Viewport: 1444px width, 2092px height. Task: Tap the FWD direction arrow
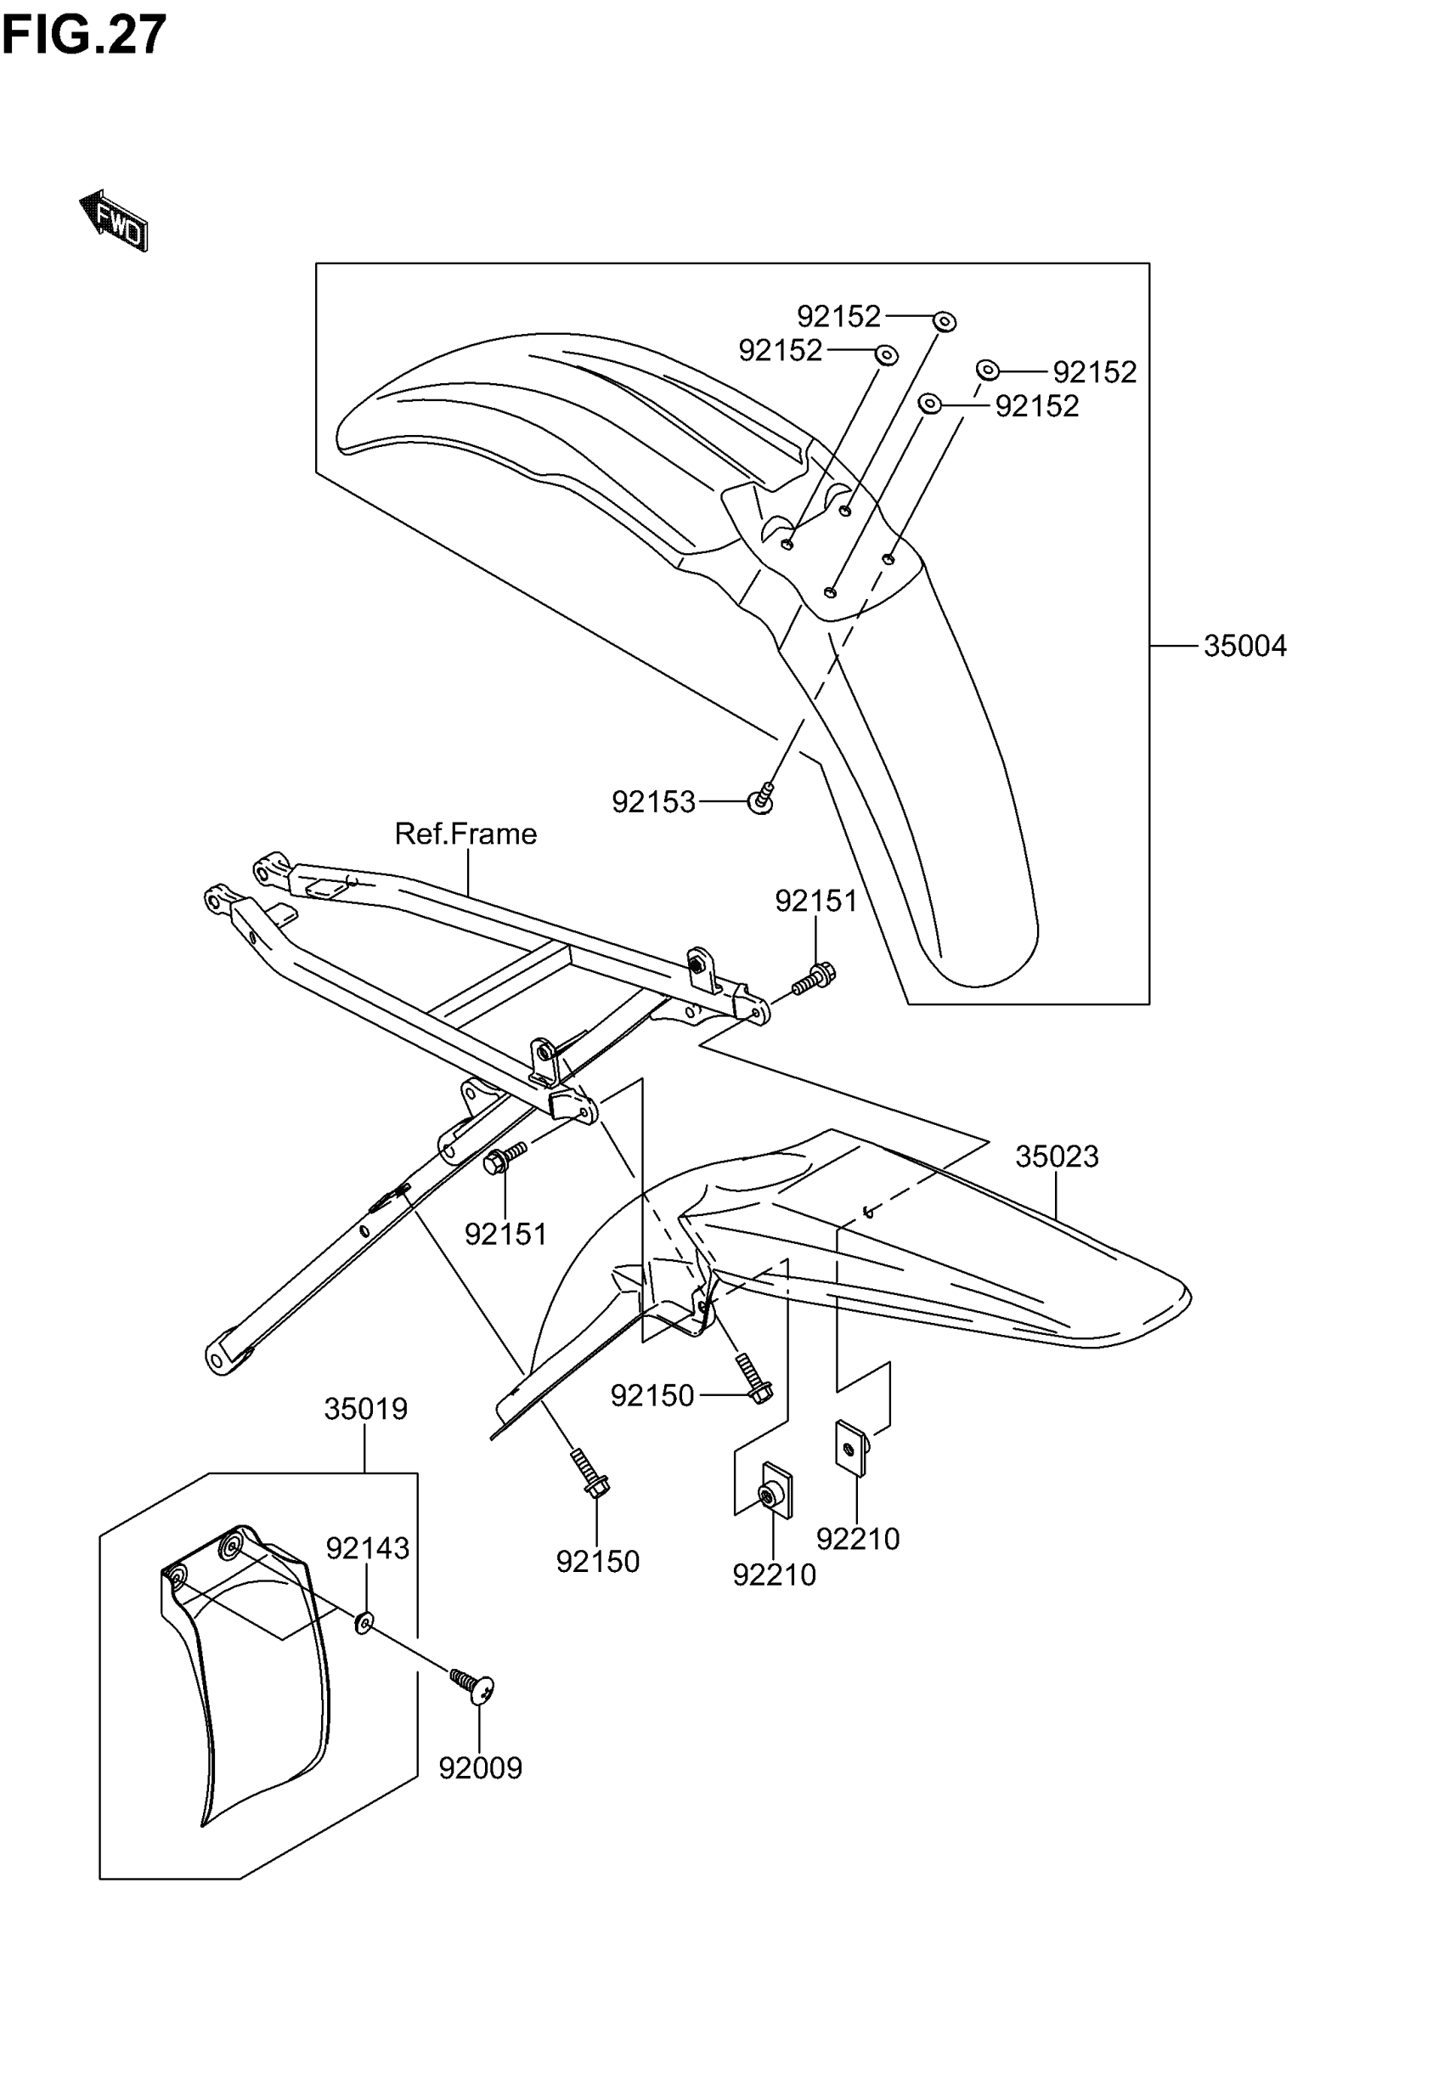point(114,220)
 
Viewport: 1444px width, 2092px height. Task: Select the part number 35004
point(1244,646)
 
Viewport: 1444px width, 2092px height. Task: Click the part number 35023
point(1056,1156)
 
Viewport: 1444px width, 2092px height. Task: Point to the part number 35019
point(365,1409)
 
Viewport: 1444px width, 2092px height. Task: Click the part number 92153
point(653,801)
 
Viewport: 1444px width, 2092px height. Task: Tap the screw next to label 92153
point(762,798)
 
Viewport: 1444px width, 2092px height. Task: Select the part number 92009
point(481,1767)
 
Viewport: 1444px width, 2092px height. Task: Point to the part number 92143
point(367,1548)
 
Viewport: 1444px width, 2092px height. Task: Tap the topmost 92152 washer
point(944,321)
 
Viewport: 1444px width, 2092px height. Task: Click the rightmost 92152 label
point(1094,372)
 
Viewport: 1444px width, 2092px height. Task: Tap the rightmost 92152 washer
point(987,370)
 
